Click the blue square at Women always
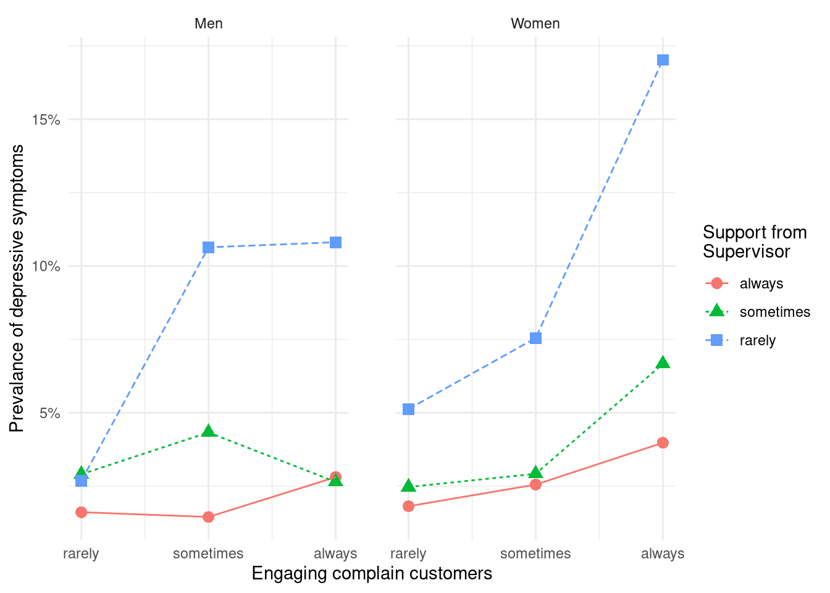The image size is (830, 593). (663, 60)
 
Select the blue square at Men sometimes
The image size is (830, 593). (208, 248)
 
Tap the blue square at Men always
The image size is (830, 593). (335, 243)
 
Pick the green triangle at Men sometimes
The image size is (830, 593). (208, 431)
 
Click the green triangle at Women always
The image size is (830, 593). (663, 363)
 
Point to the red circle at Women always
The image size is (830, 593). (663, 443)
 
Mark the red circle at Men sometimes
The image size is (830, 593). (208, 517)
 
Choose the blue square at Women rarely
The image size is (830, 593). (408, 410)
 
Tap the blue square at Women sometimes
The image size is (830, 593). (535, 339)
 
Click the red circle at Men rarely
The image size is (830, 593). (81, 512)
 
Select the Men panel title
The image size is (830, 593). (208, 23)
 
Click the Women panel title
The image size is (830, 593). (535, 23)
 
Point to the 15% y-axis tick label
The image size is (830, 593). (46, 120)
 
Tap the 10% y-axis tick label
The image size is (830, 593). (46, 267)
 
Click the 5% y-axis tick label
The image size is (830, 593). (49, 413)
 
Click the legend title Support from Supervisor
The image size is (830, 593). (754, 242)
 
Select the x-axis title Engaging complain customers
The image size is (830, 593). (372, 573)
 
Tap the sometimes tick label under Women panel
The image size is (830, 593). (535, 553)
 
